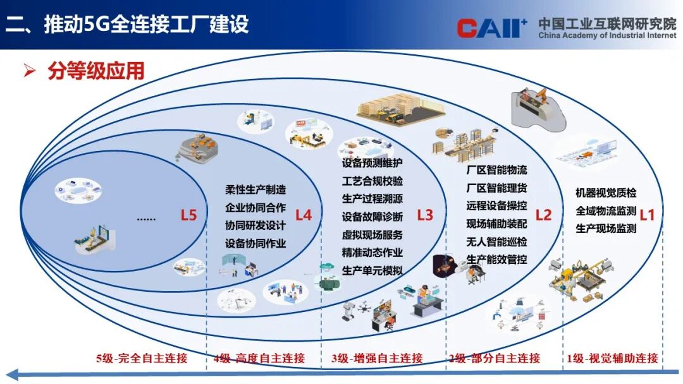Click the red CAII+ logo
[x=492, y=28]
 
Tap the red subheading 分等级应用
[x=96, y=71]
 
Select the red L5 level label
[x=188, y=215]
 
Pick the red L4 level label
[x=304, y=215]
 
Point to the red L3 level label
[x=425, y=215]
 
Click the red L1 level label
[x=647, y=215]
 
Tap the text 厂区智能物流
[x=496, y=170]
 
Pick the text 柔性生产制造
[x=255, y=189]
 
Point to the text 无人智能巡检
[x=496, y=242]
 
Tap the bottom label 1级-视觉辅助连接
[x=612, y=358]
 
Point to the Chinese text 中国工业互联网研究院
[x=607, y=23]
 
